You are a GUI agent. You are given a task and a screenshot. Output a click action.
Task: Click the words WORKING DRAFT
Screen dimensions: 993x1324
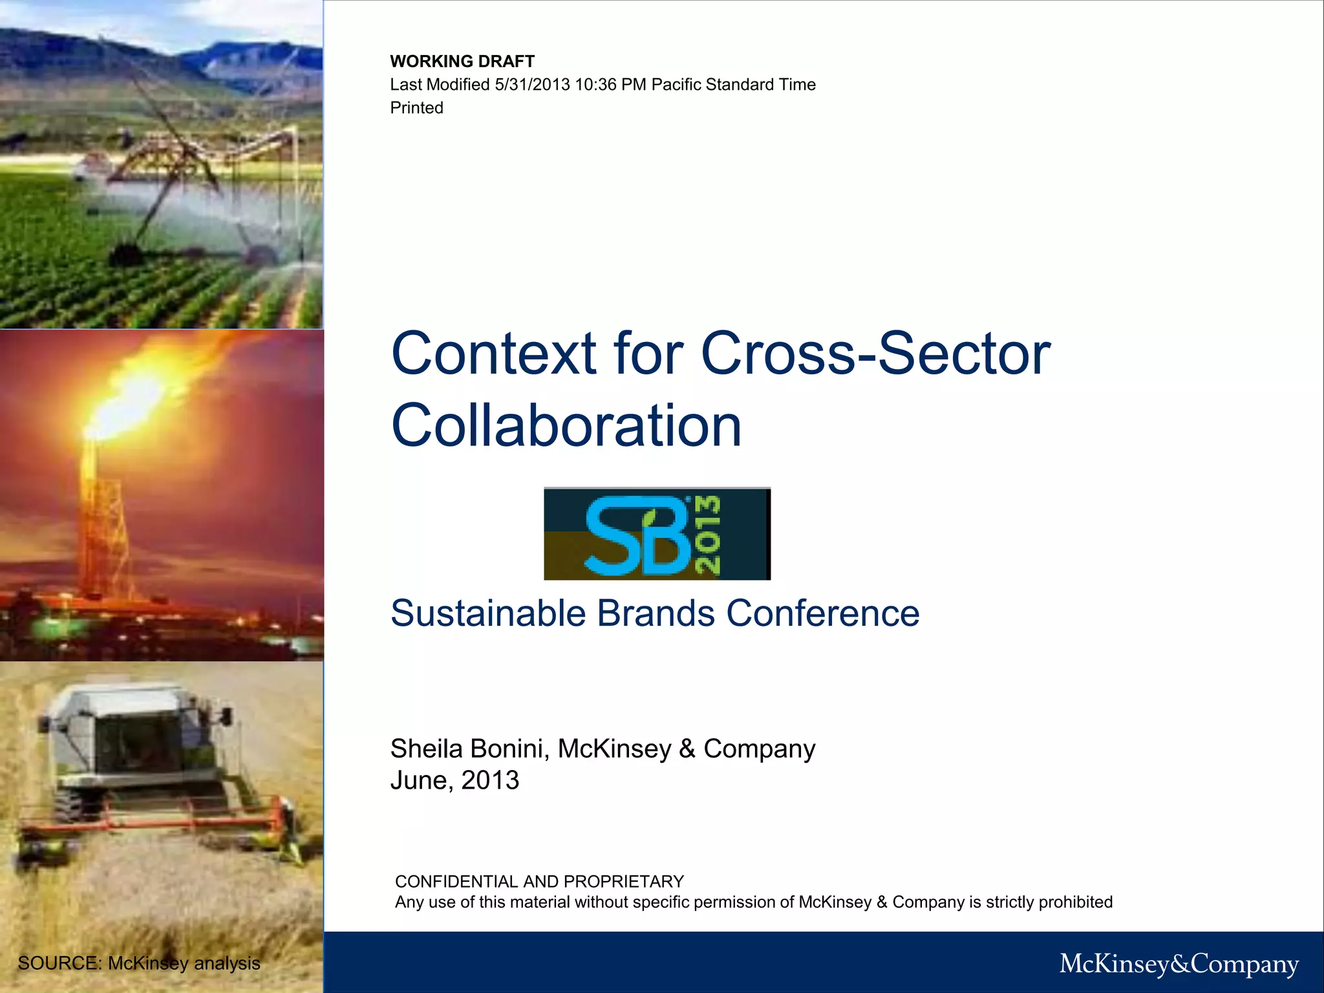tap(462, 61)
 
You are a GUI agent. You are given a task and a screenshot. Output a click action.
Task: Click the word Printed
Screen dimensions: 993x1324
tap(416, 108)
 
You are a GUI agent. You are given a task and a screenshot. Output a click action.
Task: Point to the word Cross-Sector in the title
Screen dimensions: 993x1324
tap(875, 354)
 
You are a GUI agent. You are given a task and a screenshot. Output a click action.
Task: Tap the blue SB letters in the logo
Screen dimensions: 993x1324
tap(637, 535)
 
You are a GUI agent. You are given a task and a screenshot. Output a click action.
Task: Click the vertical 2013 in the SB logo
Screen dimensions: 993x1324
tap(707, 535)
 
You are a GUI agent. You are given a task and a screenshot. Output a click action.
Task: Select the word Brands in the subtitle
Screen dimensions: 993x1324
tap(656, 613)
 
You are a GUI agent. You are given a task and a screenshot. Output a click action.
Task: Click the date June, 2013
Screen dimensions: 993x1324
tap(454, 780)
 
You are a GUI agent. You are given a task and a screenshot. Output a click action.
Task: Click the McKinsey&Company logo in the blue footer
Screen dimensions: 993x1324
tap(1179, 964)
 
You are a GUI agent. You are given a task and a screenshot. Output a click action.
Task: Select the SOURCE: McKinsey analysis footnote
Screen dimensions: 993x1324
tap(139, 963)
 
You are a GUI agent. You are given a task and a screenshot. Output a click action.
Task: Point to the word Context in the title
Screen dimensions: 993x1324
tap(494, 354)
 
